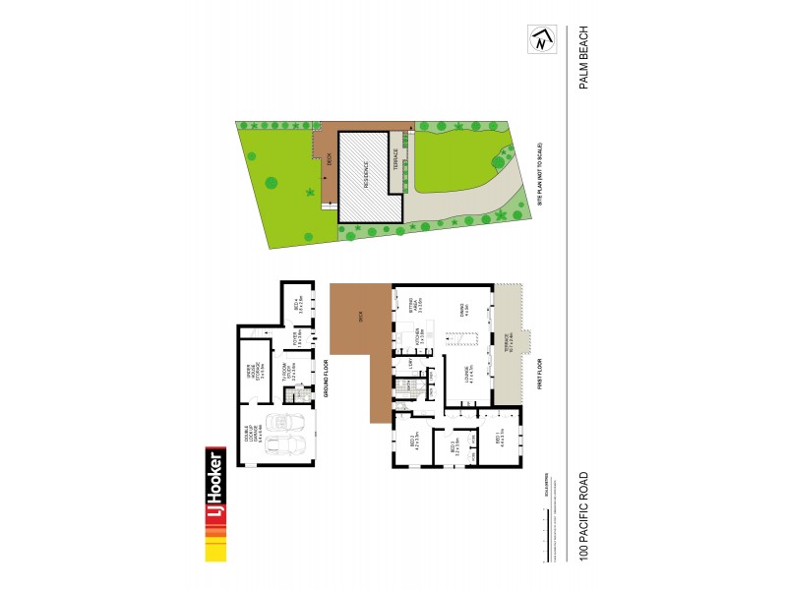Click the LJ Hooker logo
(213, 504)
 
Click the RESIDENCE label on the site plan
(366, 176)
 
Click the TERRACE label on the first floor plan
(508, 341)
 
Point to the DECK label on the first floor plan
(361, 317)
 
